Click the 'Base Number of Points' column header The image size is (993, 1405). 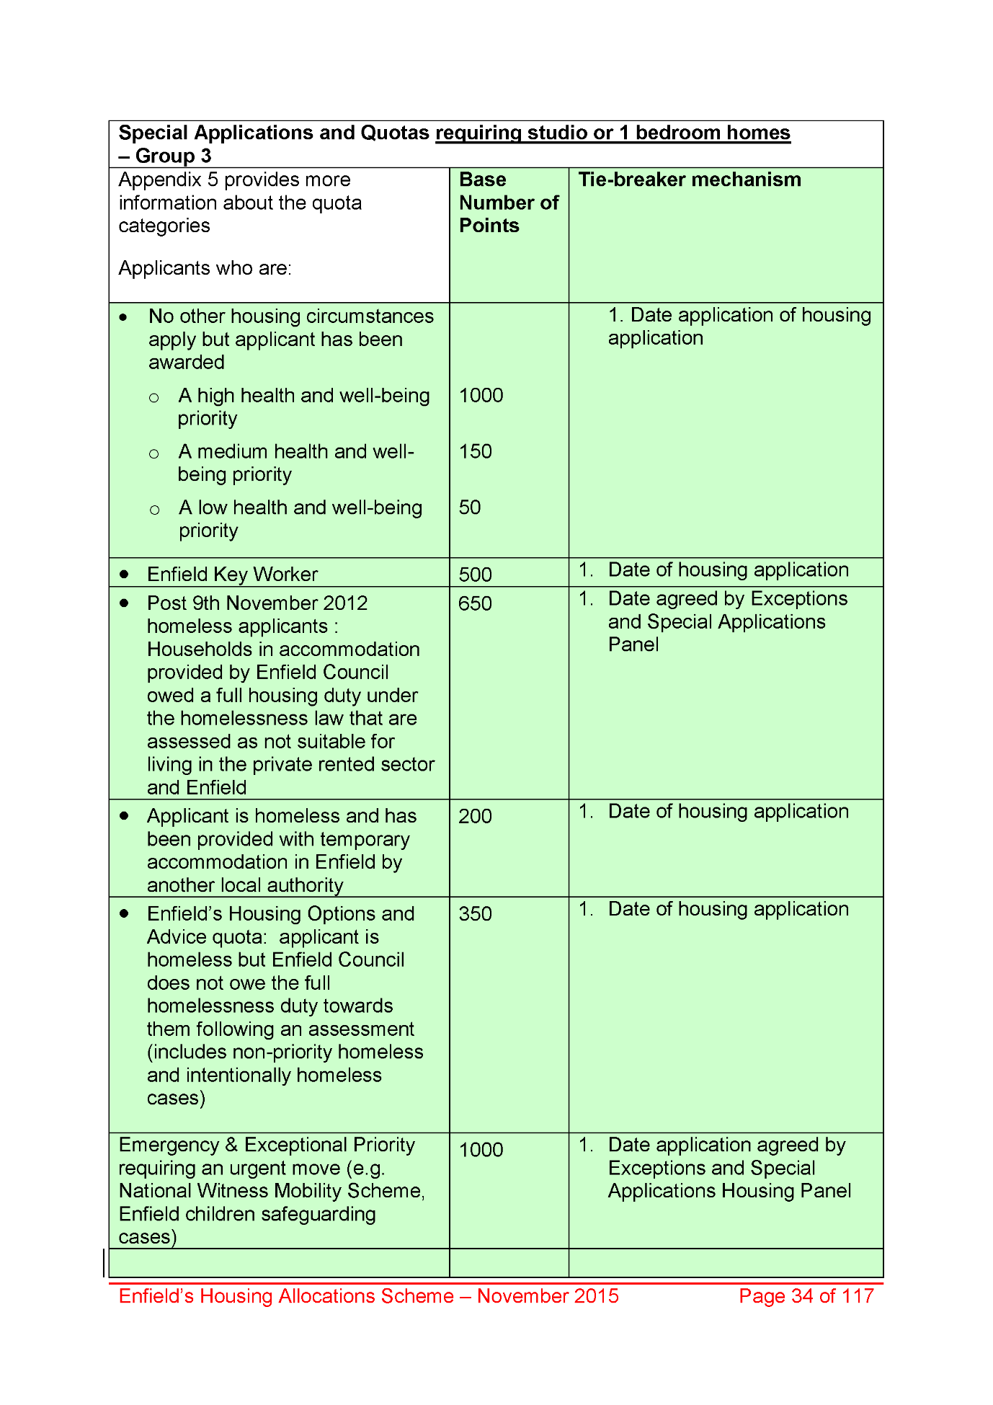click(508, 203)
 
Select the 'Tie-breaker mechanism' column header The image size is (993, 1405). click(689, 179)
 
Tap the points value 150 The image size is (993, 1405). click(475, 451)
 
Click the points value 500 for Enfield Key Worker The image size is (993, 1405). click(475, 575)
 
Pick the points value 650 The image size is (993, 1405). click(475, 603)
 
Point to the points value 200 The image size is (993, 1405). click(475, 816)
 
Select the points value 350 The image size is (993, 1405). click(475, 913)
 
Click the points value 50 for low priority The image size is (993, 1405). click(470, 508)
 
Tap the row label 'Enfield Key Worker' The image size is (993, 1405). click(232, 575)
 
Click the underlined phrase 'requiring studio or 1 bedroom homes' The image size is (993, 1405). click(613, 133)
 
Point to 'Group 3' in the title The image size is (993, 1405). click(173, 156)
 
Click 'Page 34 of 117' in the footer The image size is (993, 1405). click(806, 1295)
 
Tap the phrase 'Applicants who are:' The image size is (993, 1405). click(205, 268)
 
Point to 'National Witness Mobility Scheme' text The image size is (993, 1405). click(270, 1191)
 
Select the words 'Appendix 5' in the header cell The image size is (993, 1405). click(162, 179)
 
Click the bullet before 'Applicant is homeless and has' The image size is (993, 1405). click(125, 815)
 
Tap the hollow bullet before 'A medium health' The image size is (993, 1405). click(153, 453)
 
